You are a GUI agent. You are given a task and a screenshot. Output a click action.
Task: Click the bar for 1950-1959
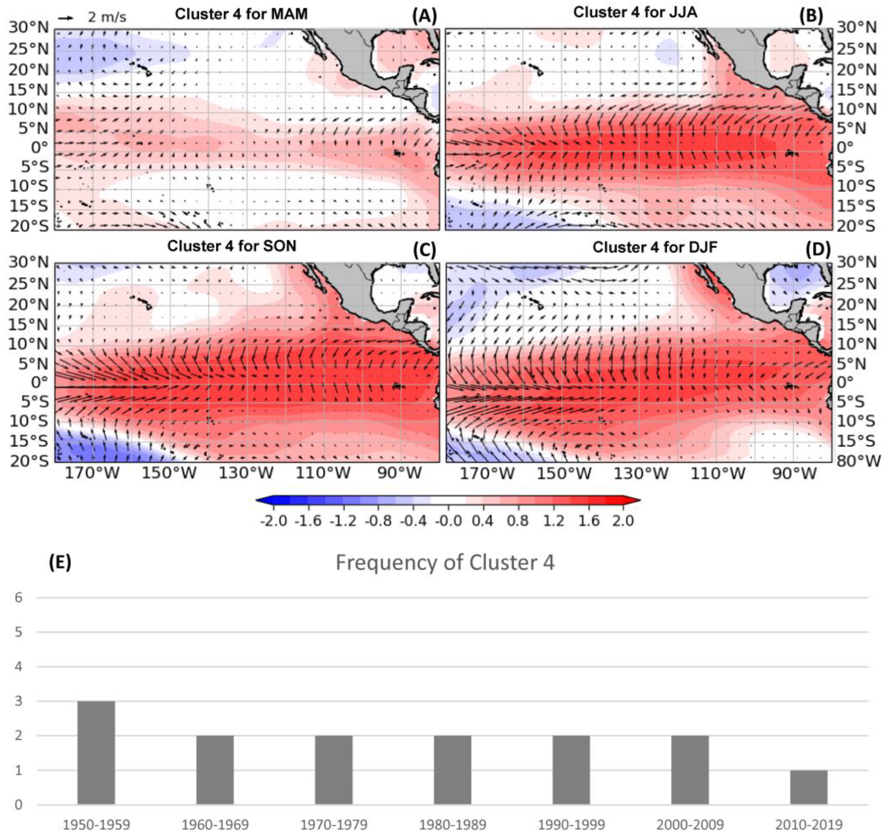96,753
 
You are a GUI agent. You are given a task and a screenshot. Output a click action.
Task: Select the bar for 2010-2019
808,787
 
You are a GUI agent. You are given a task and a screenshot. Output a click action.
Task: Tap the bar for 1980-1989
453,770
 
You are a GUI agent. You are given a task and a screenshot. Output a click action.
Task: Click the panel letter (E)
60,562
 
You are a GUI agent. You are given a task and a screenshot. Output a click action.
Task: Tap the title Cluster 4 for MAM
241,14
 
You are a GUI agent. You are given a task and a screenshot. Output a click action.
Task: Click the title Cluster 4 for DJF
655,247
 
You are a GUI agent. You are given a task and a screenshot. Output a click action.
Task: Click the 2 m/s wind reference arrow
66,18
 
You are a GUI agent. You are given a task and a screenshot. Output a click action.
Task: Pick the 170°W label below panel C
93,473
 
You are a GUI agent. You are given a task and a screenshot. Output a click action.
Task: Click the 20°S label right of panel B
855,226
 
